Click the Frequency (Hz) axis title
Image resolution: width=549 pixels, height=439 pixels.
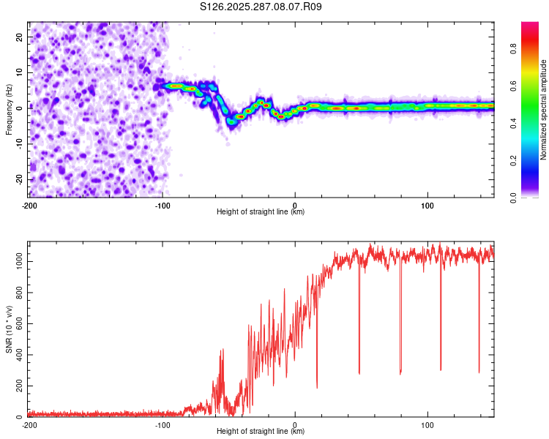click(x=9, y=109)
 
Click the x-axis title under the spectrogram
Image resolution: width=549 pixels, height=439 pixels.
click(x=261, y=211)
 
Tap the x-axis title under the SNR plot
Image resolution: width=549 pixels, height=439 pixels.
click(x=261, y=432)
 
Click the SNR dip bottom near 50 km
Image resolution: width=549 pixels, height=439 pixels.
click(x=359, y=373)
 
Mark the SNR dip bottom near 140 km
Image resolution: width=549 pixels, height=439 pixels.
click(x=479, y=372)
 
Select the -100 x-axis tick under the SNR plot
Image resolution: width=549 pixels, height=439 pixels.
click(x=163, y=424)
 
